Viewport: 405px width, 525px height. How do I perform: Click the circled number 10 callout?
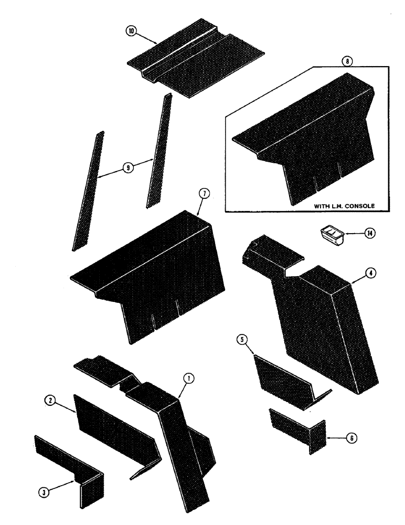coord(131,31)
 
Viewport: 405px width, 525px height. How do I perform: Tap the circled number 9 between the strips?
coord(126,167)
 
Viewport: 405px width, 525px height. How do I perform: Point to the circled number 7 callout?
coord(204,194)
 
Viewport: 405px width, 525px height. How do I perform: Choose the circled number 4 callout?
coord(370,273)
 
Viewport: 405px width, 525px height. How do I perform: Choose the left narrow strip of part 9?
coord(88,192)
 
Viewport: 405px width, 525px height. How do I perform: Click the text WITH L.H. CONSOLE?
coord(344,206)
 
